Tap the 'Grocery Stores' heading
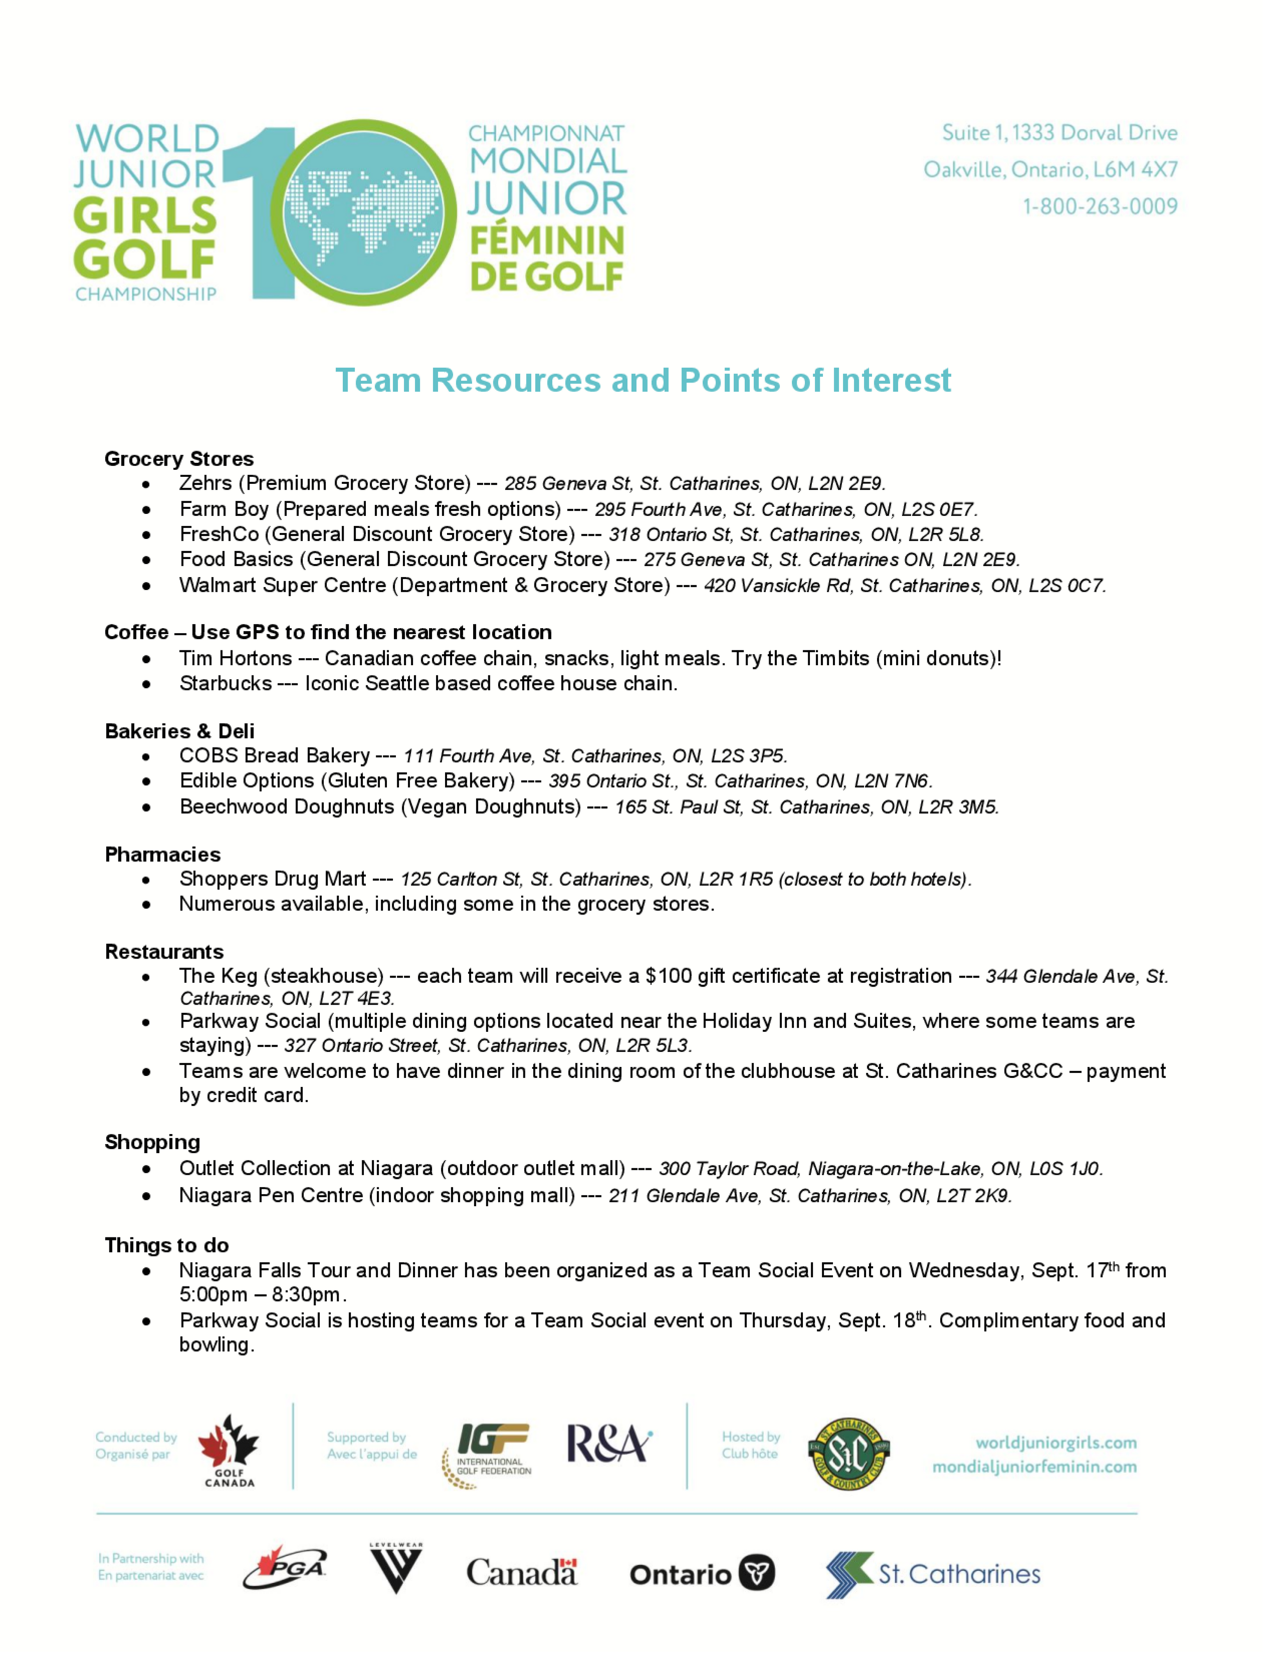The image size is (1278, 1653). (x=179, y=459)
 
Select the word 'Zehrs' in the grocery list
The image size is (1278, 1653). (x=205, y=483)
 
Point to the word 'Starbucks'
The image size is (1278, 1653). (x=225, y=683)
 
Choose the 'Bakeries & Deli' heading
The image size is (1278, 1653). (x=180, y=731)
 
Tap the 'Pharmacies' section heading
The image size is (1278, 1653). (x=163, y=855)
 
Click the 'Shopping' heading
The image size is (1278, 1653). (x=152, y=1142)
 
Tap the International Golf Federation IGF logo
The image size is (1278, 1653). (x=488, y=1455)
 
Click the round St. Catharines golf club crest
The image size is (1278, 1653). (x=848, y=1453)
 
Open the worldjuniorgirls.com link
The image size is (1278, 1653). (x=1056, y=1443)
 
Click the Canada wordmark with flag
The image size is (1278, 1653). (x=521, y=1573)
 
